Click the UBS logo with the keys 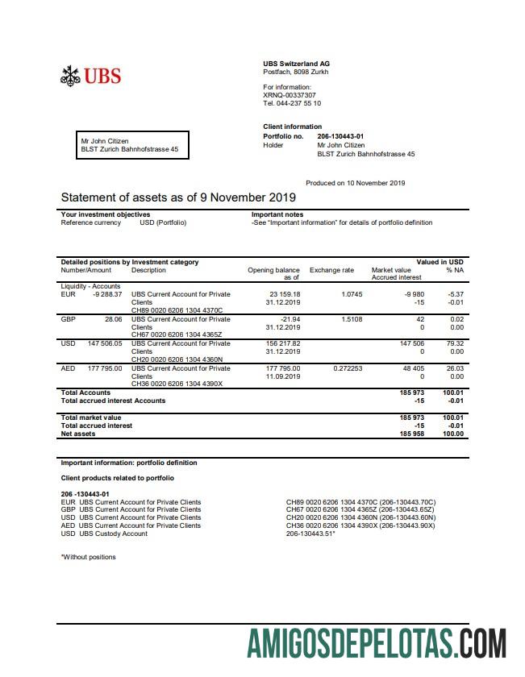coord(91,76)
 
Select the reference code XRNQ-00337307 coord(290,95)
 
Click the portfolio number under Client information coord(340,137)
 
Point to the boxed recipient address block coord(132,145)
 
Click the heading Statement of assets coord(178,197)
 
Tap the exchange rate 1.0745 coord(352,294)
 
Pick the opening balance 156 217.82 coord(284,343)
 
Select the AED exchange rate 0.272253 coord(348,368)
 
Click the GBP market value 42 coord(419,319)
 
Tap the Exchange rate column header coord(331,270)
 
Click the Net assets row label coord(78,434)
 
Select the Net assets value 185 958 coord(412,434)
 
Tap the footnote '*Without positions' coord(89,557)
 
